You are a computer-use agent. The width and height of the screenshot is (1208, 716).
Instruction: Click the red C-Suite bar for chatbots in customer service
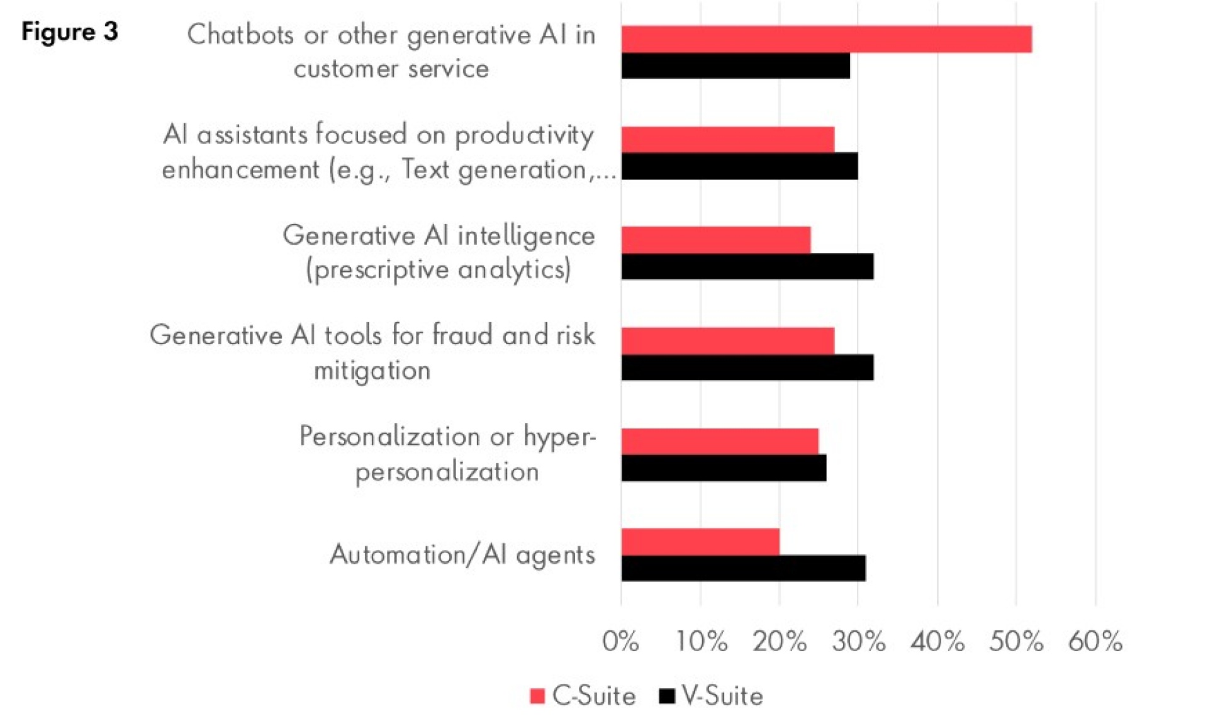tap(826, 39)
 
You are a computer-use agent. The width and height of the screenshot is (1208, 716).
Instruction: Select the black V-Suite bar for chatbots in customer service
tap(735, 66)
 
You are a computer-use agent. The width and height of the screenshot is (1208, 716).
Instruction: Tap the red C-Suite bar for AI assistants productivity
tap(727, 139)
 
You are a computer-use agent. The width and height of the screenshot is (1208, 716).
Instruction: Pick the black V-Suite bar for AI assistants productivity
tap(739, 166)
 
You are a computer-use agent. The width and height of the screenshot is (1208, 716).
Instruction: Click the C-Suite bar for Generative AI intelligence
tap(715, 240)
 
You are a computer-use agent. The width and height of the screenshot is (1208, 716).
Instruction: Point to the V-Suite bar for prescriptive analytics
tap(747, 267)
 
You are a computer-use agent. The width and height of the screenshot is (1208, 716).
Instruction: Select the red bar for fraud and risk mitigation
tap(727, 340)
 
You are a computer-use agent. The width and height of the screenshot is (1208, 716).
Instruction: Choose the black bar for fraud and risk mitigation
tap(747, 367)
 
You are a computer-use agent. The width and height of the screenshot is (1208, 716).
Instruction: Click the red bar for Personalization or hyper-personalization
tap(720, 441)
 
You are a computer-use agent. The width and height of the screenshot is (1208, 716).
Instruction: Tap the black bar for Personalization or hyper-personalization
tap(724, 468)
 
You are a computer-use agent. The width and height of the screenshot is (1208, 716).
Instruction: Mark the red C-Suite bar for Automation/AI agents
tap(700, 542)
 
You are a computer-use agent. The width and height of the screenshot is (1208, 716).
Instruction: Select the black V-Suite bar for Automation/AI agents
tap(743, 568)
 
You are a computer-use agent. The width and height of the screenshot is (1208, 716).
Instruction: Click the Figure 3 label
tap(69, 31)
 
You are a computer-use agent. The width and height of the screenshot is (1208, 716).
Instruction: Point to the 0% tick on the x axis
tap(620, 642)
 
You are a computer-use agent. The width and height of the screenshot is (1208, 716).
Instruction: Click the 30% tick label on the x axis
tap(858, 642)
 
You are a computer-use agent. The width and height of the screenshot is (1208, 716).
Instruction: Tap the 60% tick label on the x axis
tap(1095, 642)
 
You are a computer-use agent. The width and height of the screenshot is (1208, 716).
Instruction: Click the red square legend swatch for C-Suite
tap(537, 696)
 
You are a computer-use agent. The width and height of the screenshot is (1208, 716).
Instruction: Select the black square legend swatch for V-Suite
tap(666, 696)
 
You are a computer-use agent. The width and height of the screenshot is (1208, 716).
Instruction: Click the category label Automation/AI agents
tap(462, 555)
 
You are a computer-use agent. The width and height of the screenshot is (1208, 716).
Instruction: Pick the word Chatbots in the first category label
tap(240, 35)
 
